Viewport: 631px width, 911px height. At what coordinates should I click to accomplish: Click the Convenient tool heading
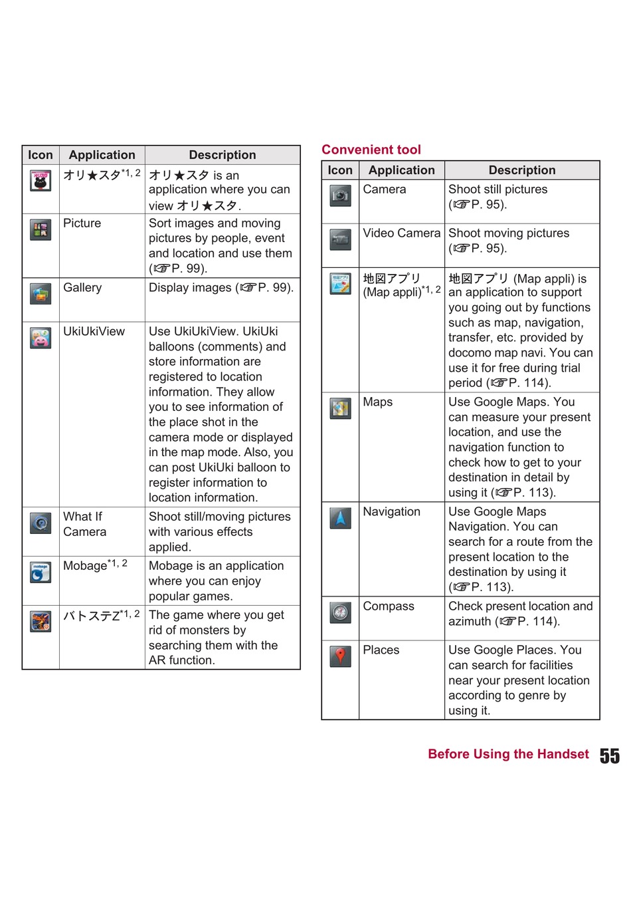tap(371, 150)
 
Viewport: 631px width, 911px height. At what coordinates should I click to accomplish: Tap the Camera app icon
tap(340, 195)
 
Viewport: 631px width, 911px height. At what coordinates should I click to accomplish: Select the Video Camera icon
tap(340, 239)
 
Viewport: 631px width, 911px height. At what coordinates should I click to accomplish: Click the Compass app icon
tap(340, 612)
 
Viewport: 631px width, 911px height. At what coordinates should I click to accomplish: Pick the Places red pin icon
tap(340, 656)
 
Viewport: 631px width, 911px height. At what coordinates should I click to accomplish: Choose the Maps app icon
tap(340, 408)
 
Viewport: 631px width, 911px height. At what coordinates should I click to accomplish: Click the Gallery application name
tap(82, 288)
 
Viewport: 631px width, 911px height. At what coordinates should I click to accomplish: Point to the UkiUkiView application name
tap(94, 331)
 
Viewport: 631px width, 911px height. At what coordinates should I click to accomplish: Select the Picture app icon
tap(41, 229)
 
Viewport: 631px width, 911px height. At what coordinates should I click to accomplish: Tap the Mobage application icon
tap(41, 572)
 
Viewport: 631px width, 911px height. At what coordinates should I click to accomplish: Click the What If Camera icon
tap(41, 523)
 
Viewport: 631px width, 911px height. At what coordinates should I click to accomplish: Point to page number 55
tap(609, 756)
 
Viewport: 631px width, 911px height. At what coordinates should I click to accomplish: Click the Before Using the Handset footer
tap(508, 754)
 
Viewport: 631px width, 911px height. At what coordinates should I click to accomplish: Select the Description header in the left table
tap(222, 155)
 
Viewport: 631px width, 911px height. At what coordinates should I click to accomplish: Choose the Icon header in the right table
tap(340, 170)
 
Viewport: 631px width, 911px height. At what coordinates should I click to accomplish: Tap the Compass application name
tap(389, 606)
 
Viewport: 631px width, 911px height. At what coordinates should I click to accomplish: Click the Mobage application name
tap(85, 566)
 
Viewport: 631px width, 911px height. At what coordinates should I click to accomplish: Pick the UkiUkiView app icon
tap(41, 338)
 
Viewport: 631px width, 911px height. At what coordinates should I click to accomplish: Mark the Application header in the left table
tap(102, 155)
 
